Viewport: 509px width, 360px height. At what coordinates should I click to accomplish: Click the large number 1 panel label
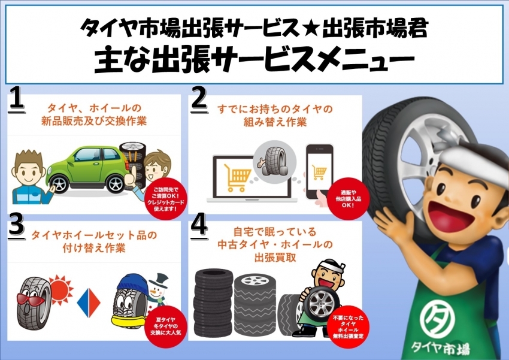coord(16,99)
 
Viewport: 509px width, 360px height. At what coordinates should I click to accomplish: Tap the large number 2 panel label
coord(199,99)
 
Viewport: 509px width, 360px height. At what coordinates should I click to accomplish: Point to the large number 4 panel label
coord(199,226)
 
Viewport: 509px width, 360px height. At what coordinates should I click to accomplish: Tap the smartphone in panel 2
coord(319,171)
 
